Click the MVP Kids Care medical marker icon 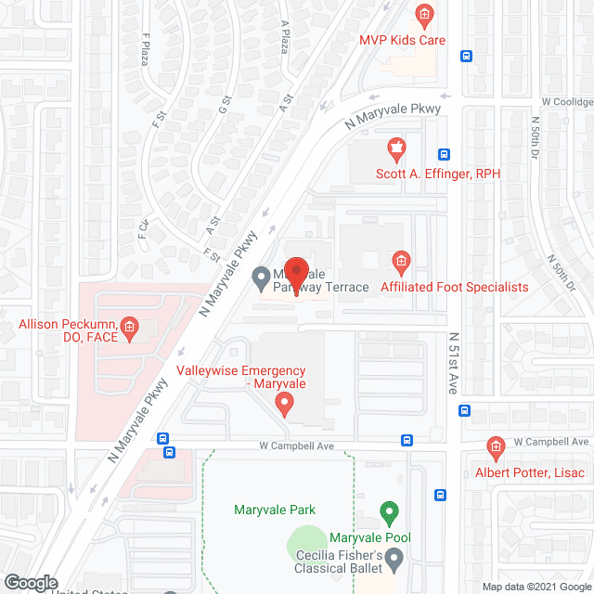pyautogui.click(x=424, y=15)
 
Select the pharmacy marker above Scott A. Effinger pyautogui.click(x=395, y=148)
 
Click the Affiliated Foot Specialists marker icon pyautogui.click(x=401, y=263)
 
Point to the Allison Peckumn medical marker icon pyautogui.click(x=130, y=327)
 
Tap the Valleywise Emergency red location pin pyautogui.click(x=285, y=404)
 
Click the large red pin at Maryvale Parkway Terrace pyautogui.click(x=295, y=273)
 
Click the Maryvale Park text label pyautogui.click(x=275, y=510)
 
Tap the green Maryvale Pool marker pyautogui.click(x=390, y=511)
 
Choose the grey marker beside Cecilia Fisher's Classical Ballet pyautogui.click(x=394, y=559)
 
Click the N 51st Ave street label pyautogui.click(x=454, y=364)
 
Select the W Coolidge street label pyautogui.click(x=567, y=101)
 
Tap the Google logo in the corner pyautogui.click(x=30, y=582)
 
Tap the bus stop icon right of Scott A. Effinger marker pyautogui.click(x=445, y=155)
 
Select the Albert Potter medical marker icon pyautogui.click(x=496, y=449)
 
